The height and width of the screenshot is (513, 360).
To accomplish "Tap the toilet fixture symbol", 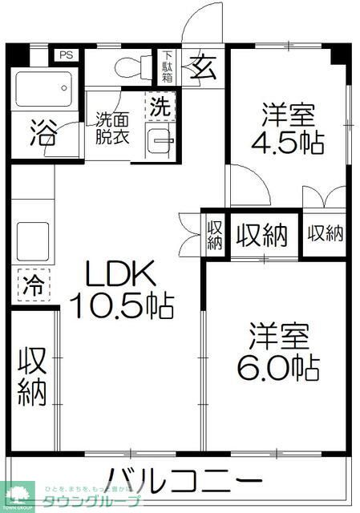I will click(x=131, y=66).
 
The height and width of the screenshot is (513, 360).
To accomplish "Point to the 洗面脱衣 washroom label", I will click(x=112, y=127).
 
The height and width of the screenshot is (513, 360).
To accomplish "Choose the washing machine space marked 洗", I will click(x=160, y=105).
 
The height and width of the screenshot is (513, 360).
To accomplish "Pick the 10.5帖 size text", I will click(x=122, y=305).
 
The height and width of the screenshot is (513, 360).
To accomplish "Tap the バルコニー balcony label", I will click(x=184, y=483).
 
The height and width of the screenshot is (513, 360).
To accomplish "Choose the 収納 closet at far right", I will click(x=326, y=233).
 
